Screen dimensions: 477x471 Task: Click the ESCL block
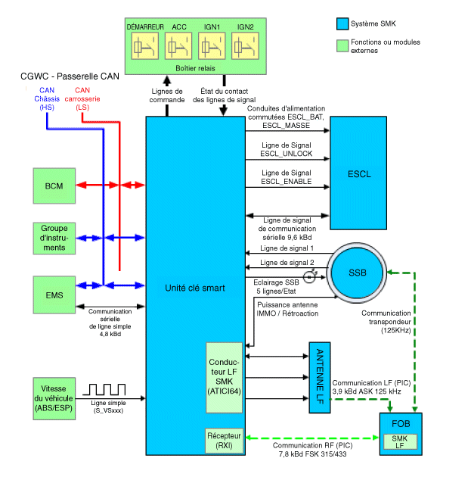(x=360, y=174)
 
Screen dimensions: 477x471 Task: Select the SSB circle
(x=357, y=273)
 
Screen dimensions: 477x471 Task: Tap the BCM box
(x=54, y=186)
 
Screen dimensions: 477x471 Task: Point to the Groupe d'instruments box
(x=54, y=238)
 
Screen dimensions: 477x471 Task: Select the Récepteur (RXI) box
(x=224, y=441)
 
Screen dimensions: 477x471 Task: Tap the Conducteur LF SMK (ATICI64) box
(x=224, y=376)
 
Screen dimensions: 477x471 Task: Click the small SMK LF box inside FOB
(x=399, y=441)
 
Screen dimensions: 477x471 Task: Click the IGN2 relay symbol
(x=246, y=48)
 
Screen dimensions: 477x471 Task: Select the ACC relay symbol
(x=178, y=48)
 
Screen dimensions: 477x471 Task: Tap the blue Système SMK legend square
(x=341, y=24)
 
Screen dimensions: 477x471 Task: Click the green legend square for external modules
(x=341, y=43)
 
